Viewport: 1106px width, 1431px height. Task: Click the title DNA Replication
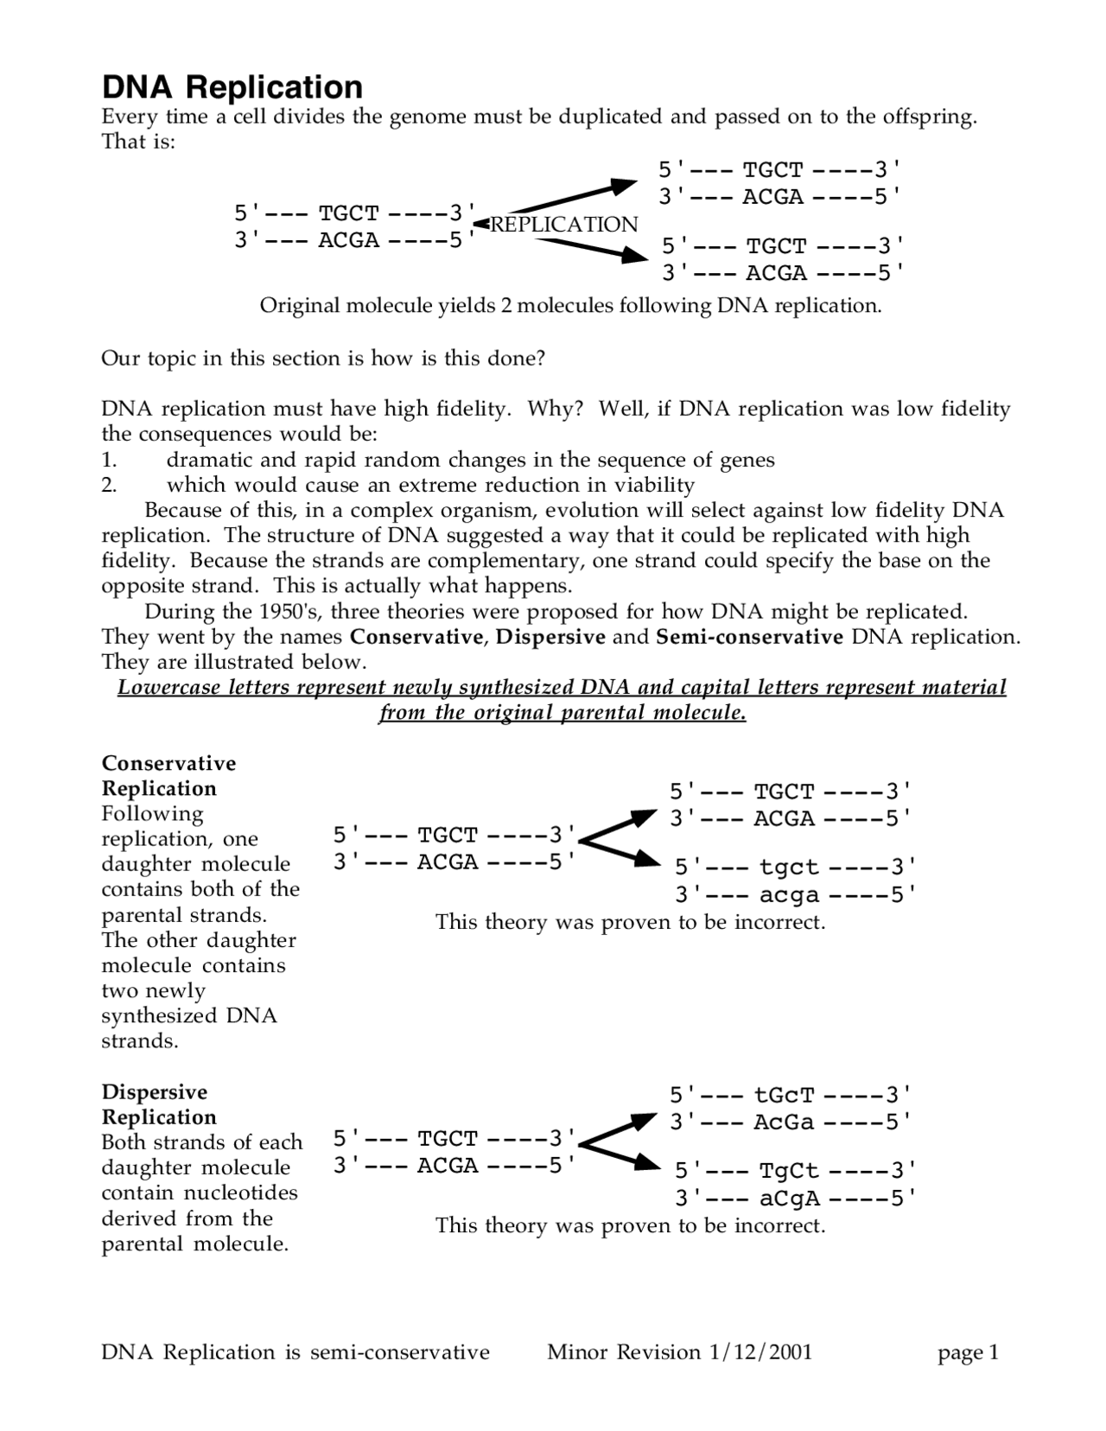(232, 87)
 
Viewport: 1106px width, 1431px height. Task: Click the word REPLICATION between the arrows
(563, 225)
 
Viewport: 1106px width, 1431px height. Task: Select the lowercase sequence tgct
(788, 867)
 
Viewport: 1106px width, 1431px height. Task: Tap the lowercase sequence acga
(788, 894)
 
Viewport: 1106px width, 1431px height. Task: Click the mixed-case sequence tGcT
(784, 1095)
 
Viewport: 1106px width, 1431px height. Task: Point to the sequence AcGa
(784, 1122)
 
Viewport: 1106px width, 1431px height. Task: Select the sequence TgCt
(788, 1171)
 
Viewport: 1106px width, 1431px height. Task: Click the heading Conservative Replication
(168, 775)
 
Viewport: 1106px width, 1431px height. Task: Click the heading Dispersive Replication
(159, 1103)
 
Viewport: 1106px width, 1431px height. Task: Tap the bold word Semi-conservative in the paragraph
(749, 637)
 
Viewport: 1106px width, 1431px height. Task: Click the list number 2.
(109, 485)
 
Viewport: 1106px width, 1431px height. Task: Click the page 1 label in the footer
(968, 1352)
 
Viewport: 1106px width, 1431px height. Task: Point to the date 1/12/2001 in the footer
(760, 1352)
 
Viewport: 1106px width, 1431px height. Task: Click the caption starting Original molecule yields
(570, 306)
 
